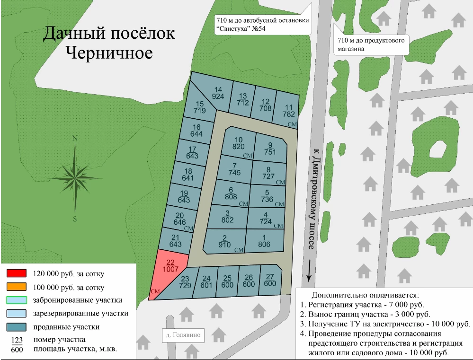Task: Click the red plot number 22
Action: (x=171, y=265)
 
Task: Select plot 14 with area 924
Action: (x=218, y=93)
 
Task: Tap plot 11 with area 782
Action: (x=289, y=111)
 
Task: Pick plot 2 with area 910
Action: (x=224, y=241)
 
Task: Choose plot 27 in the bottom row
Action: (x=270, y=281)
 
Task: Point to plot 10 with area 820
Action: (x=238, y=143)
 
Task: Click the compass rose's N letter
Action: (x=74, y=139)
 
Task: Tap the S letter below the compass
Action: (x=75, y=219)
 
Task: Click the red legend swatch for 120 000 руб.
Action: (x=16, y=273)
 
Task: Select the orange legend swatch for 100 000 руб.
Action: (x=16, y=287)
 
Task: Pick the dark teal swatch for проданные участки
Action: (x=16, y=327)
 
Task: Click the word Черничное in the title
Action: (x=109, y=53)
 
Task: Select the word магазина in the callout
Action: (x=351, y=49)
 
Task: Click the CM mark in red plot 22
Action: (x=154, y=291)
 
